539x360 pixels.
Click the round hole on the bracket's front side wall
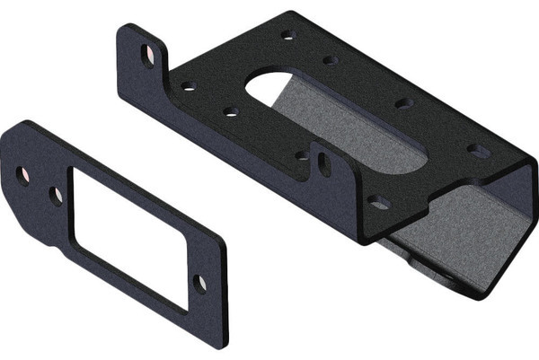coord(378,203)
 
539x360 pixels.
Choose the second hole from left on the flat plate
coord(56,195)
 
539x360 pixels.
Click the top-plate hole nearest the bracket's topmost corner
coord(288,36)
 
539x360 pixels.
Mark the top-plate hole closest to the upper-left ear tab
coord(188,87)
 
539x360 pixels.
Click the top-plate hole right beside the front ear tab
coord(302,155)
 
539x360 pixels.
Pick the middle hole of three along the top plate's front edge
coord(231,112)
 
